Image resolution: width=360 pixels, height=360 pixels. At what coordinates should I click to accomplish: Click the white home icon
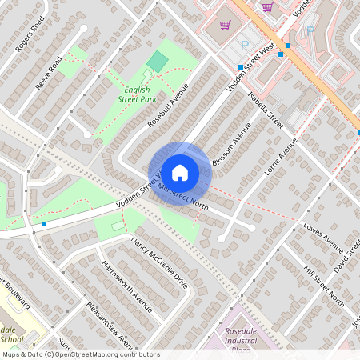click(180, 172)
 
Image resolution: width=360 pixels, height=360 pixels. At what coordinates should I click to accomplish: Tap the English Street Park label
click(135, 94)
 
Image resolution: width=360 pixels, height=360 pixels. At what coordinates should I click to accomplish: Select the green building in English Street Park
click(158, 61)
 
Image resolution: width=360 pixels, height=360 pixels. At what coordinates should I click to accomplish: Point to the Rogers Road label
click(30, 39)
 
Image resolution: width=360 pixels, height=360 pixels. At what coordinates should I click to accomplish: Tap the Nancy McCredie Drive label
click(160, 261)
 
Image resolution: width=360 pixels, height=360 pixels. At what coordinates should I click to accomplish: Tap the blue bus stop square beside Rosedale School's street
click(44, 225)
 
